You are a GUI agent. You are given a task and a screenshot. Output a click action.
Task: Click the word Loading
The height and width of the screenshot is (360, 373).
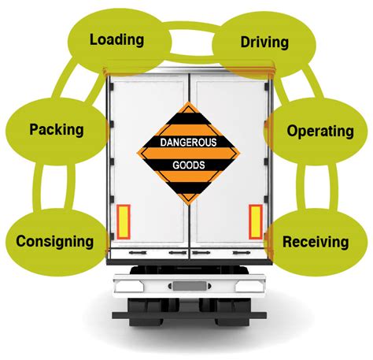click(116, 40)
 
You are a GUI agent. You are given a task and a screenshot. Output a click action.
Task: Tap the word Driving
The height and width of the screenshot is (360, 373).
click(264, 43)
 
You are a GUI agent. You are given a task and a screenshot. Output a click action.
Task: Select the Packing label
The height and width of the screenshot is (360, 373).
click(57, 130)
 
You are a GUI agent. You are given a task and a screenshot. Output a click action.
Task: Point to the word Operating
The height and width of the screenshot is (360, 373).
click(320, 131)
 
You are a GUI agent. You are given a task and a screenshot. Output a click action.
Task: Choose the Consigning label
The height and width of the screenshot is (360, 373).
click(54, 242)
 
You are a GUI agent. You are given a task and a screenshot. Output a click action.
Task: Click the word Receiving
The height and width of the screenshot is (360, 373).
click(316, 242)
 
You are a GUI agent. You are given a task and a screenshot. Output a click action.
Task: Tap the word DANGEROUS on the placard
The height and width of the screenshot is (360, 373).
click(188, 143)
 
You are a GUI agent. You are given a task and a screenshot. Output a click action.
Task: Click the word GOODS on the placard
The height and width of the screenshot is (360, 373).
click(189, 165)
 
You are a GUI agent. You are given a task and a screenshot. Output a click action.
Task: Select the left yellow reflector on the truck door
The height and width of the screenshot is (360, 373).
click(124, 222)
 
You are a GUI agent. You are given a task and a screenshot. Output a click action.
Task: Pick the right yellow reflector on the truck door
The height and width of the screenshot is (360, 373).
click(256, 222)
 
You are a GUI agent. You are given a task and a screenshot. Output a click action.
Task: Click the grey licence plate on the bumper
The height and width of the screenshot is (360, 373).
click(190, 286)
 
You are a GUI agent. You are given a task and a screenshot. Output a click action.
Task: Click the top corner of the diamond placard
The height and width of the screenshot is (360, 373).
click(188, 102)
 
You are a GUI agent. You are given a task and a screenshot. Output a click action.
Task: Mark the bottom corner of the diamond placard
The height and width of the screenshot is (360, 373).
click(188, 205)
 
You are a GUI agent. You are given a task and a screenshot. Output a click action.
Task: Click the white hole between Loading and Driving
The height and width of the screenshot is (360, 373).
click(191, 43)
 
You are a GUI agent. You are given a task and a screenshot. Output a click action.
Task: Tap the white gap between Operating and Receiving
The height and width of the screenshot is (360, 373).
click(317, 186)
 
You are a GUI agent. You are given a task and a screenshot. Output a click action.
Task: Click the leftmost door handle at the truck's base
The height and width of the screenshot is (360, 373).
click(138, 253)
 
